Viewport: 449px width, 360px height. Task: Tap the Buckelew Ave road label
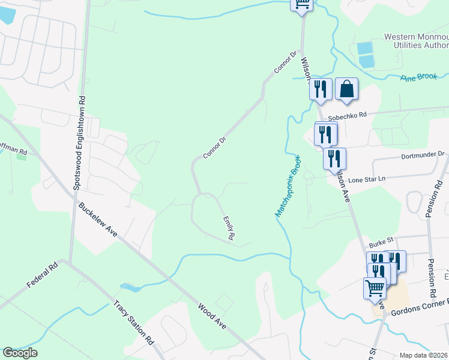point(97,220)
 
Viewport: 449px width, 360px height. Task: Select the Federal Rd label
point(41,275)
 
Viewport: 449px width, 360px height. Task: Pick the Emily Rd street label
point(228,229)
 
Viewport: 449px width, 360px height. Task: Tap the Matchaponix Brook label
point(288,185)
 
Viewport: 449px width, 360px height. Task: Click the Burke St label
point(381,242)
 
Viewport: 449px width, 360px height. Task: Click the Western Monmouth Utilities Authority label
point(416,41)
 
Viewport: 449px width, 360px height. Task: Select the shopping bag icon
point(346,89)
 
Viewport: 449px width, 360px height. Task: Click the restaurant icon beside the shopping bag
point(321,89)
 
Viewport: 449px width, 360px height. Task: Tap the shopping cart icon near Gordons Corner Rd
point(375,287)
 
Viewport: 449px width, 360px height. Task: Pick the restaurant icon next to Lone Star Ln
point(334,159)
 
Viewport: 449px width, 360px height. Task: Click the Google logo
point(20,352)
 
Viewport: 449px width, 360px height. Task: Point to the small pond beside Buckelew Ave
point(130,287)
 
